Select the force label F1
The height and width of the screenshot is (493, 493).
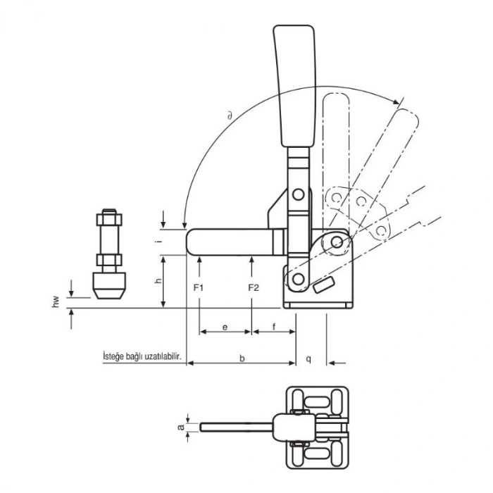click(199, 287)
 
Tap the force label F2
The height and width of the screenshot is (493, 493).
click(254, 287)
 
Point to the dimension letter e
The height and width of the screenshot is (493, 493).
click(225, 327)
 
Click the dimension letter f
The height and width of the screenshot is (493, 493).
click(273, 327)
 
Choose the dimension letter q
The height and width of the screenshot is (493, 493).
click(310, 358)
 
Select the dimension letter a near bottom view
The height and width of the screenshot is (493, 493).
click(180, 427)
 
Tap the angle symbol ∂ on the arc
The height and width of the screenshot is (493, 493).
click(230, 113)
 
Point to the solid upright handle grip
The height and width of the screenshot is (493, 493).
click(292, 85)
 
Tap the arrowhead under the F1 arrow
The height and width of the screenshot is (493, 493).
click(201, 260)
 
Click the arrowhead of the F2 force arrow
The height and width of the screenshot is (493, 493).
click(252, 260)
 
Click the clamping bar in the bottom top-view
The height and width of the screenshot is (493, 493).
click(236, 427)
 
